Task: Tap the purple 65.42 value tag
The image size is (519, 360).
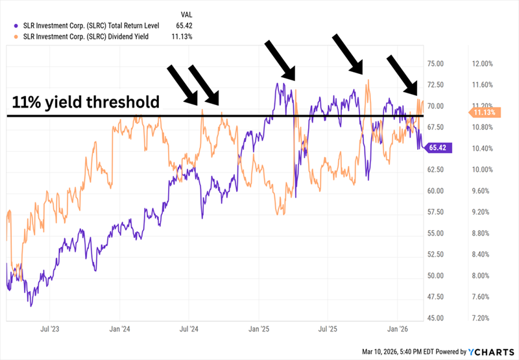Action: pos(439,148)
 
